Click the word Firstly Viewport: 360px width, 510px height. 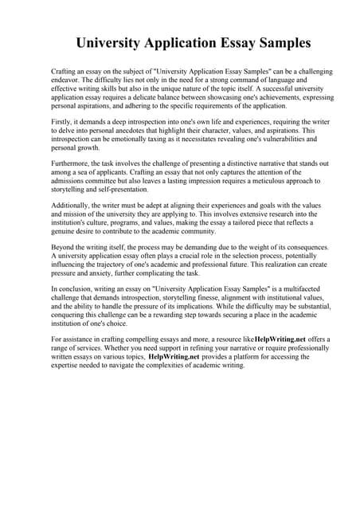63,121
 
